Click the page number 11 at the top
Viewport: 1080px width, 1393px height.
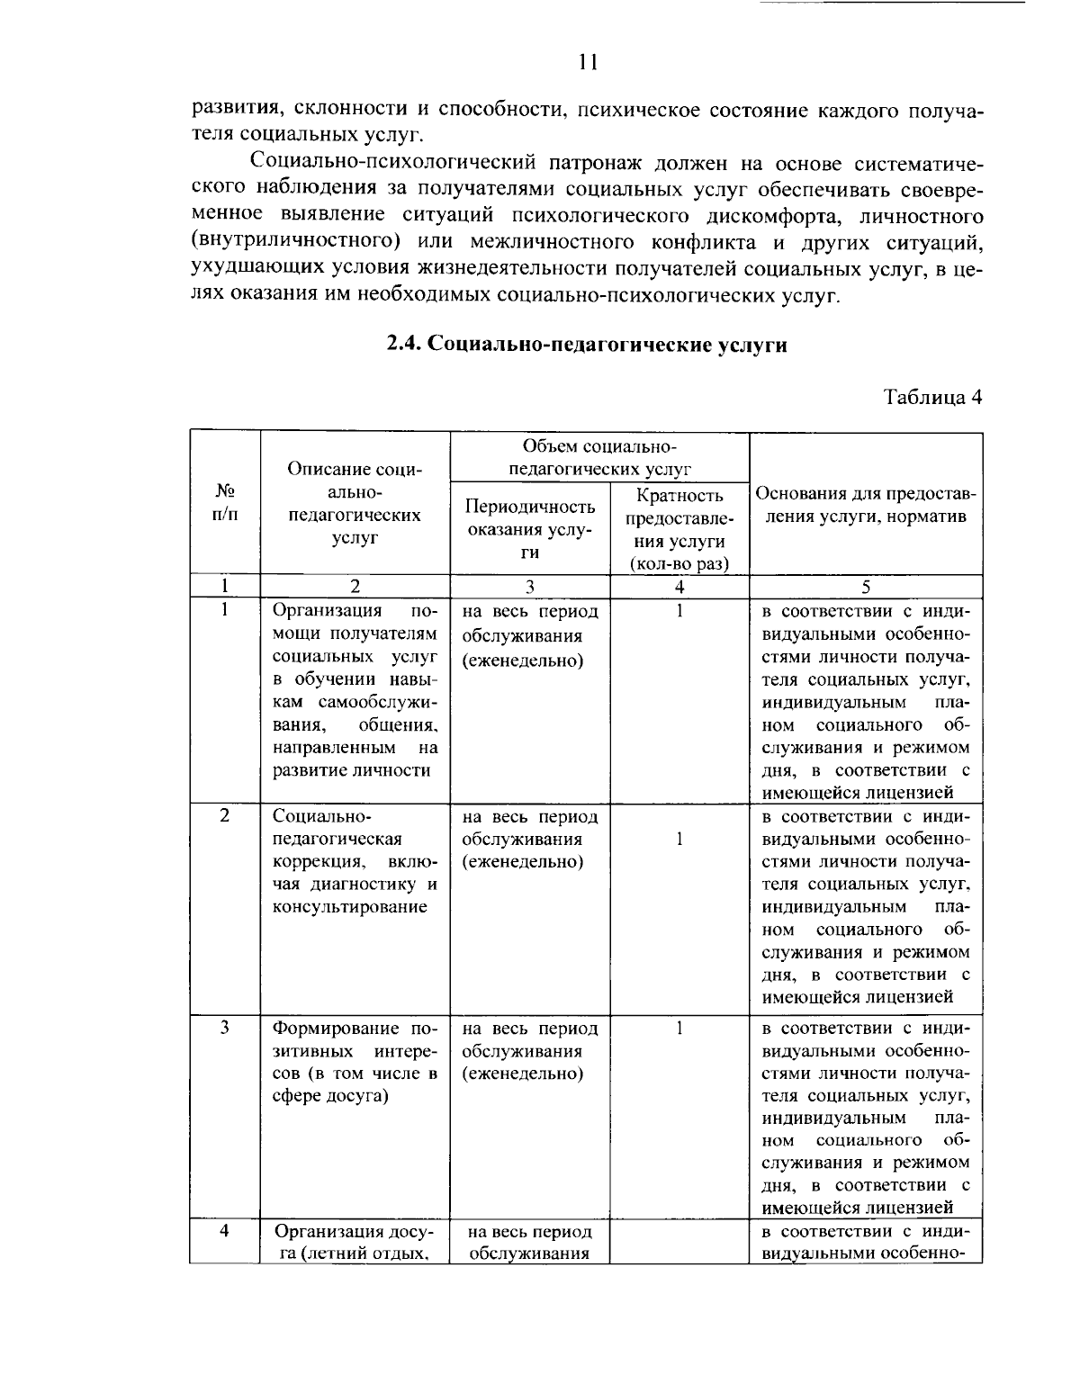pyautogui.click(x=587, y=62)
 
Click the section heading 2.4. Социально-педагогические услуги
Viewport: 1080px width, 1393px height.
pyautogui.click(x=587, y=346)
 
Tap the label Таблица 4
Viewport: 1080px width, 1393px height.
pyautogui.click(x=932, y=398)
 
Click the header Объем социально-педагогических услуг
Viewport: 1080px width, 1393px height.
pyautogui.click(x=598, y=458)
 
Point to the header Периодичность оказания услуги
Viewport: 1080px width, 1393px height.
pyautogui.click(x=529, y=529)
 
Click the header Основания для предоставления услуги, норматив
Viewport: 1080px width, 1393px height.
pyautogui.click(x=865, y=505)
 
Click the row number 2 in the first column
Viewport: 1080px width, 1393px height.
pyautogui.click(x=225, y=815)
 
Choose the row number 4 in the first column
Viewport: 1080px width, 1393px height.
pyautogui.click(x=225, y=1230)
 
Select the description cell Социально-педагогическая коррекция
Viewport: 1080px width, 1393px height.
pyautogui.click(x=355, y=861)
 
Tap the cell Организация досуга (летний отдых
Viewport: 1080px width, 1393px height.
pyautogui.click(x=355, y=1242)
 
